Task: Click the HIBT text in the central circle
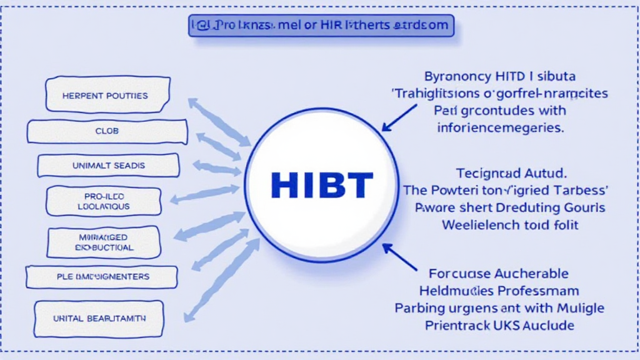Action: click(x=322, y=184)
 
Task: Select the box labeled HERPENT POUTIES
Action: click(x=107, y=96)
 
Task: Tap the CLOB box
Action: click(x=107, y=131)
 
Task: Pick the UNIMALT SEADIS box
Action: click(x=108, y=166)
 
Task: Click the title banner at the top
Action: click(x=321, y=26)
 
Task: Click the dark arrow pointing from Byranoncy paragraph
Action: click(x=399, y=117)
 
